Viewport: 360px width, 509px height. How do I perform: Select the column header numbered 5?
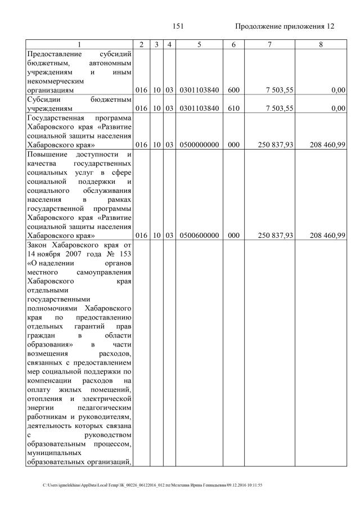199,44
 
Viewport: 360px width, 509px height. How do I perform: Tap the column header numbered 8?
320,44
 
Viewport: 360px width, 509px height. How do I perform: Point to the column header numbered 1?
79,44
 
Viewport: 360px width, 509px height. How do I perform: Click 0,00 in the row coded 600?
337,90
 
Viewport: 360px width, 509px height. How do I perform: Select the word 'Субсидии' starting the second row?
44,100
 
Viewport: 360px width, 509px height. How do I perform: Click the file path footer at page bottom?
152,485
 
